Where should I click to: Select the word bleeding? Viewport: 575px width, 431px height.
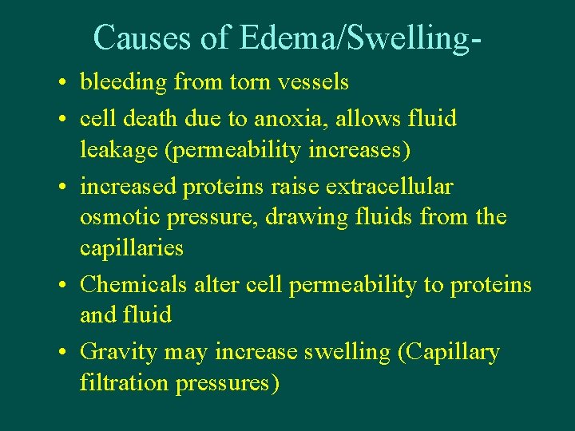[x=124, y=82]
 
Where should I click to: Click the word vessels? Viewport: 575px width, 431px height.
[x=310, y=81]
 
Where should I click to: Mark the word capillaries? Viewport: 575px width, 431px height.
[x=131, y=248]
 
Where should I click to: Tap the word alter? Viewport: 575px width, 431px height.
[x=215, y=284]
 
